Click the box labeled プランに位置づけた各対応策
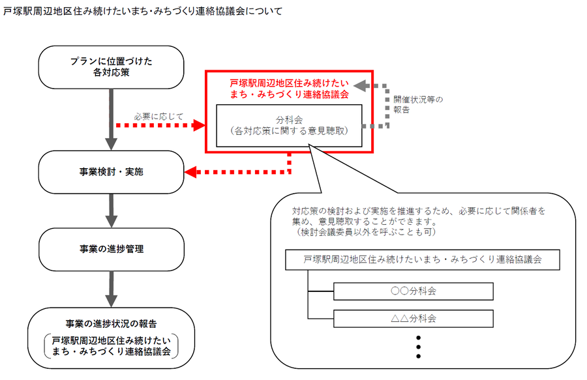111,67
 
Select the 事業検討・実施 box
111,172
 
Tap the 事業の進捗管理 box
111,249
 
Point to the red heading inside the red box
289,89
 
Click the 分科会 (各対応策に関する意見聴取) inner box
289,125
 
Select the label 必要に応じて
158,116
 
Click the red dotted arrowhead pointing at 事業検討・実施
192,173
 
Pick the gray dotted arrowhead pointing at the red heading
360,86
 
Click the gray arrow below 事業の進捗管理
111,287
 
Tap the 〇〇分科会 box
414,291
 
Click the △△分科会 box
414,319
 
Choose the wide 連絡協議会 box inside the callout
423,259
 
